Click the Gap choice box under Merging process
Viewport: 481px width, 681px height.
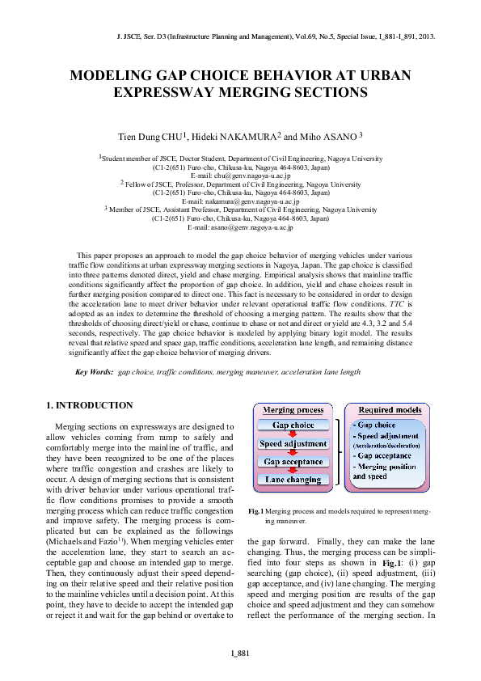(293, 425)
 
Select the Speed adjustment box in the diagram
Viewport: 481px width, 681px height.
(293, 443)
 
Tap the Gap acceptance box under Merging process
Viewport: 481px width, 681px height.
(293, 462)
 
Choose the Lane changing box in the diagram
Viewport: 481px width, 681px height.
(293, 480)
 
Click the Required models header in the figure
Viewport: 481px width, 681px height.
(387, 410)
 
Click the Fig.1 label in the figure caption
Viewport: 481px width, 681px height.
(256, 512)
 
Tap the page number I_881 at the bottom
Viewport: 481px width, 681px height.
(240, 653)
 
